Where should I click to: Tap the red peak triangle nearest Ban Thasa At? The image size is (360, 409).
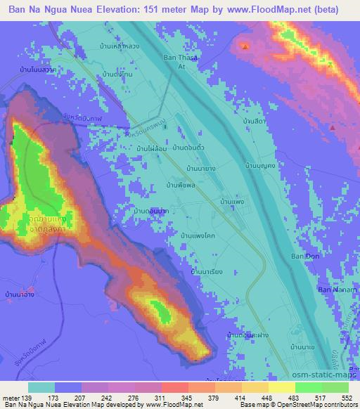coord(245,47)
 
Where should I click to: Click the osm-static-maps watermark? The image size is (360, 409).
coord(327,377)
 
